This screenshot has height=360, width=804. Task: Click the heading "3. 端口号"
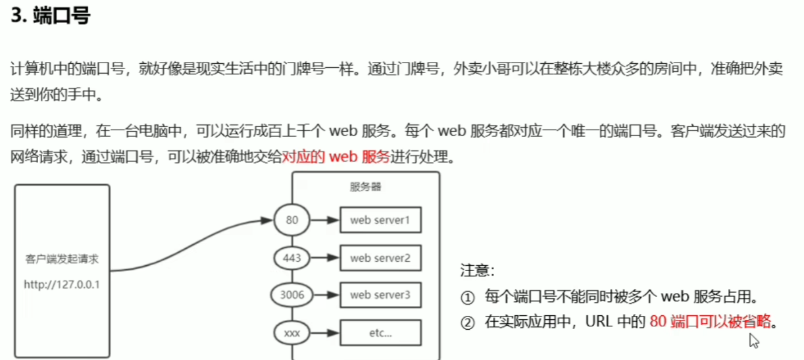(x=50, y=16)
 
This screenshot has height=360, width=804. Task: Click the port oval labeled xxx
(x=292, y=333)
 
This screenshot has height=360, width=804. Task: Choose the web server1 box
(x=380, y=220)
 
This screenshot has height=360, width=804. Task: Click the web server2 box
(x=380, y=257)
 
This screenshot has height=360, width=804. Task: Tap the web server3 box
(x=380, y=295)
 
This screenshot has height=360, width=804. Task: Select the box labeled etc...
(x=380, y=333)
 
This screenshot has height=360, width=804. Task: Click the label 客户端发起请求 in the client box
(x=62, y=259)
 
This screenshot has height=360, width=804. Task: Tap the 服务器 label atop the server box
(x=366, y=187)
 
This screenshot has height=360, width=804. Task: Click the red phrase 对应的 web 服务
(x=336, y=158)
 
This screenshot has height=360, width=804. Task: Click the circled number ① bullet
(x=467, y=297)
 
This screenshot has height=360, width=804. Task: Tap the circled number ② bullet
(x=467, y=322)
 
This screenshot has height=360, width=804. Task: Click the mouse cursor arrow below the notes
(x=754, y=340)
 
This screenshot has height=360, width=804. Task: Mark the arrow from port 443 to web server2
(x=326, y=257)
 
